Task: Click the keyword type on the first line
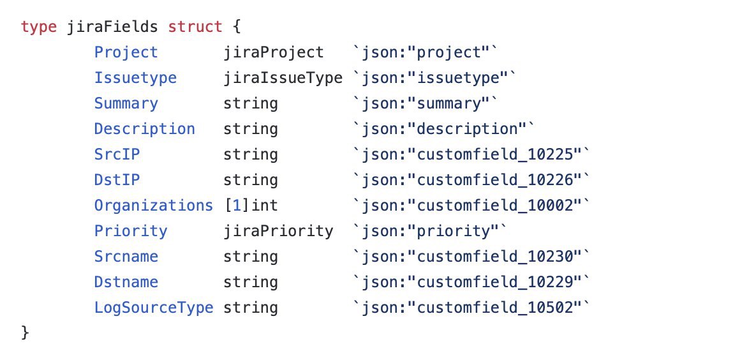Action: pos(39,27)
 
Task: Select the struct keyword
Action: pos(195,27)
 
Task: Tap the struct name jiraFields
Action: pos(112,27)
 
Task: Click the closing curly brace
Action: pos(26,333)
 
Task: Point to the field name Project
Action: pos(126,52)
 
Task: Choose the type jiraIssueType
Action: pos(283,78)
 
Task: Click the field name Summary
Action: pos(126,104)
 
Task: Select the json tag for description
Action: pos(442,129)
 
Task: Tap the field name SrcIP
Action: pos(117,154)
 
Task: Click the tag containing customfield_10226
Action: pos(471,180)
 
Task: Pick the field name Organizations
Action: pos(153,206)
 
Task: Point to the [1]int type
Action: pos(251,206)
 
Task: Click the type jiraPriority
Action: pos(279,231)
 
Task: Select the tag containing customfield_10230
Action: pos(471,256)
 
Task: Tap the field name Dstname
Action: pos(126,281)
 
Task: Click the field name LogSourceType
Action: pos(153,308)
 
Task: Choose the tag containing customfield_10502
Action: pos(471,308)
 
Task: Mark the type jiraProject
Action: pos(274,52)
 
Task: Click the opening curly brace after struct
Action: pos(236,27)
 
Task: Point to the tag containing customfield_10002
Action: pos(471,206)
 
